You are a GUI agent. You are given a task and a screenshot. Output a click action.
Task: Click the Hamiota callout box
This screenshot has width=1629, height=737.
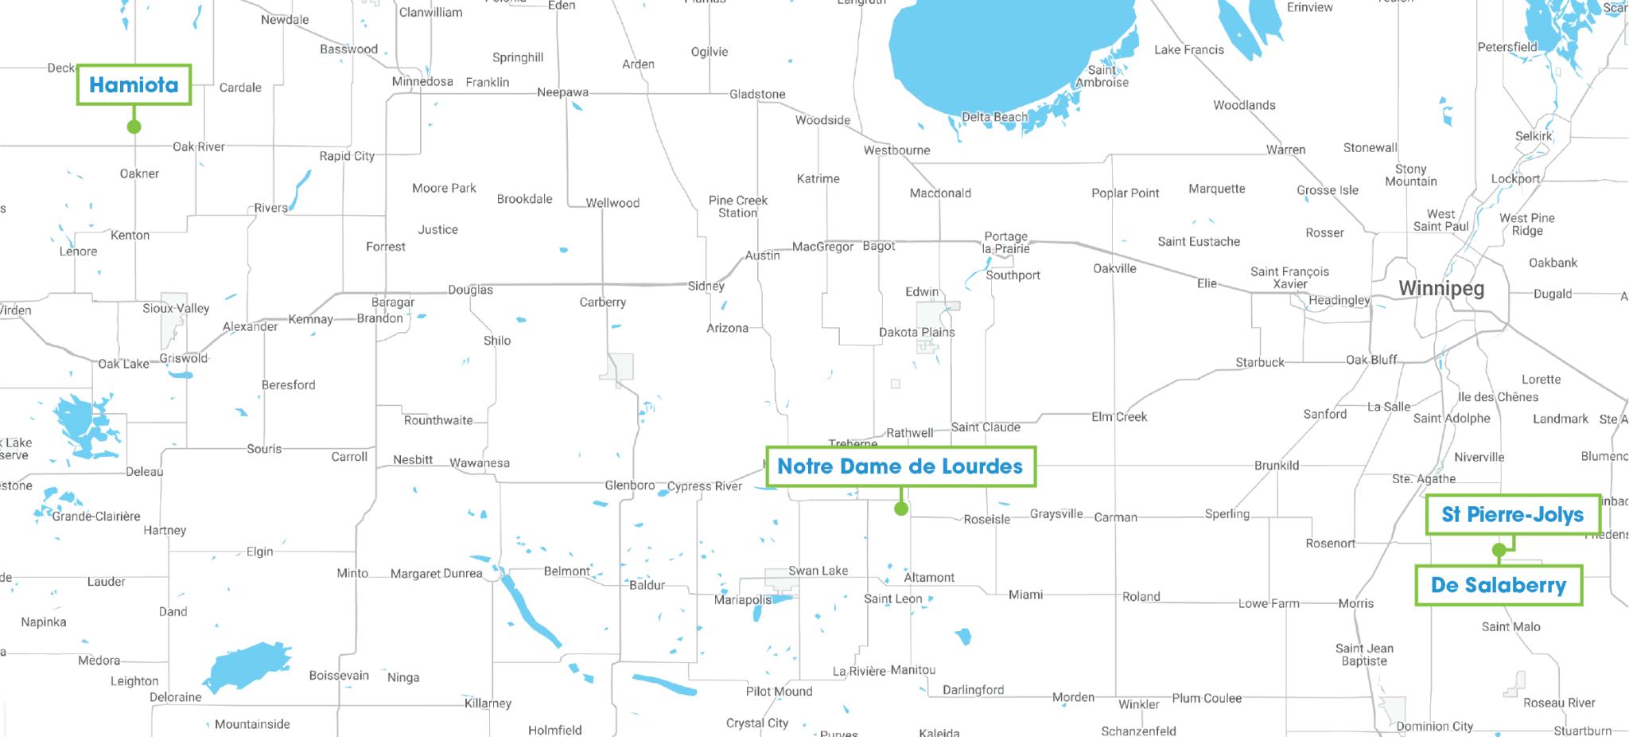pyautogui.click(x=134, y=85)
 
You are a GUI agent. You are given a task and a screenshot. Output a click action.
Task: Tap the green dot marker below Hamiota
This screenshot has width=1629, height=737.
pyautogui.click(x=134, y=127)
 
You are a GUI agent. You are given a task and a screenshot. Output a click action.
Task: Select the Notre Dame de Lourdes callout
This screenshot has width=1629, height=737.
pyautogui.click(x=900, y=466)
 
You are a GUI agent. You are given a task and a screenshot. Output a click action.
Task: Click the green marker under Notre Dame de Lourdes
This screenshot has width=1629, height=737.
pyautogui.click(x=900, y=509)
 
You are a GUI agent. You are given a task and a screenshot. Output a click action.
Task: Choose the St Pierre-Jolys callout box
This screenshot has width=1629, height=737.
pyautogui.click(x=1512, y=515)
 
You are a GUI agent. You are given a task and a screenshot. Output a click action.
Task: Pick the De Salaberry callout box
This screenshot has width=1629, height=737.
pyautogui.click(x=1498, y=586)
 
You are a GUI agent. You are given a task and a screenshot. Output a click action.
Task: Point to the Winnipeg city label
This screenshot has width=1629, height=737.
pyautogui.click(x=1440, y=288)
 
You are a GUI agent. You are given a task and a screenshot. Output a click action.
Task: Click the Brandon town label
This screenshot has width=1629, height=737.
pyautogui.click(x=379, y=318)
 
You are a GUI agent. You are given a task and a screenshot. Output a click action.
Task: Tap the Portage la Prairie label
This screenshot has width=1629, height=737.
pyautogui.click(x=1005, y=243)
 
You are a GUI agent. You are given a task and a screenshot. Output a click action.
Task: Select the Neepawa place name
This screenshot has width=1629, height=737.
pyautogui.click(x=562, y=92)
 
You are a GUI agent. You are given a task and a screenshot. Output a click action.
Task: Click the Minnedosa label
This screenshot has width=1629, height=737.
pyautogui.click(x=422, y=82)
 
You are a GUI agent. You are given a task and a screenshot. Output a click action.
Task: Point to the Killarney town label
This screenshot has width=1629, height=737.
pyautogui.click(x=488, y=704)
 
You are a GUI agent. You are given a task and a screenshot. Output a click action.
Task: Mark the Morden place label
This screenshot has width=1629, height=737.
pyautogui.click(x=1073, y=697)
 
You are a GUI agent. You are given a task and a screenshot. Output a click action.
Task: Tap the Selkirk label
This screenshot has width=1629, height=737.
pyautogui.click(x=1533, y=136)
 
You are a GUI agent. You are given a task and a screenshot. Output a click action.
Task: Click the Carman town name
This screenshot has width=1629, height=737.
pyautogui.click(x=1115, y=517)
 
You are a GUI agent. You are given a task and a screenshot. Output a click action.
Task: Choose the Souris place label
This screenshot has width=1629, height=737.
pyautogui.click(x=264, y=449)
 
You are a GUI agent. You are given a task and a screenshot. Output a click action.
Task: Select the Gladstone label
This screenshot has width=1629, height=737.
pyautogui.click(x=757, y=94)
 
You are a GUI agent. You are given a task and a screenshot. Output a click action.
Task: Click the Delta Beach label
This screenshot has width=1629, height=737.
pyautogui.click(x=994, y=117)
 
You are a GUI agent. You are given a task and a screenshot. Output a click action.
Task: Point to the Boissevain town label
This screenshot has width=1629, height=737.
pyautogui.click(x=339, y=676)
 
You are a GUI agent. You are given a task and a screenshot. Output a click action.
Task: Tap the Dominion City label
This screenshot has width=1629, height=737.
pyautogui.click(x=1434, y=727)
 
